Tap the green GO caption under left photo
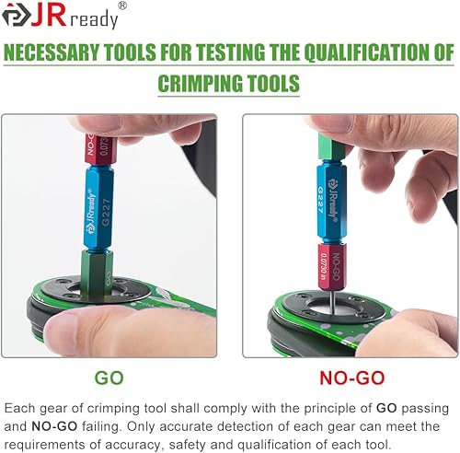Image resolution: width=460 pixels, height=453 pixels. tap(109, 377)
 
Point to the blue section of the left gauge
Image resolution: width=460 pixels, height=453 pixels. tap(98, 219)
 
